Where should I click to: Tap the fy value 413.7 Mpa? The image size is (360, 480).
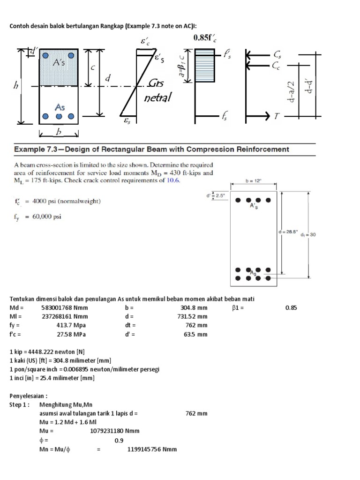(x=70, y=325)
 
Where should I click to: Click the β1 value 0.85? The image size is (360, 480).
(x=291, y=307)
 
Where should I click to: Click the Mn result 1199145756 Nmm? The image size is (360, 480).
(x=152, y=449)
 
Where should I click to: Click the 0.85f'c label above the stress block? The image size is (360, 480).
(x=205, y=38)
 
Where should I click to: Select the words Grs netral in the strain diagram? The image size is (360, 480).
(x=157, y=90)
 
